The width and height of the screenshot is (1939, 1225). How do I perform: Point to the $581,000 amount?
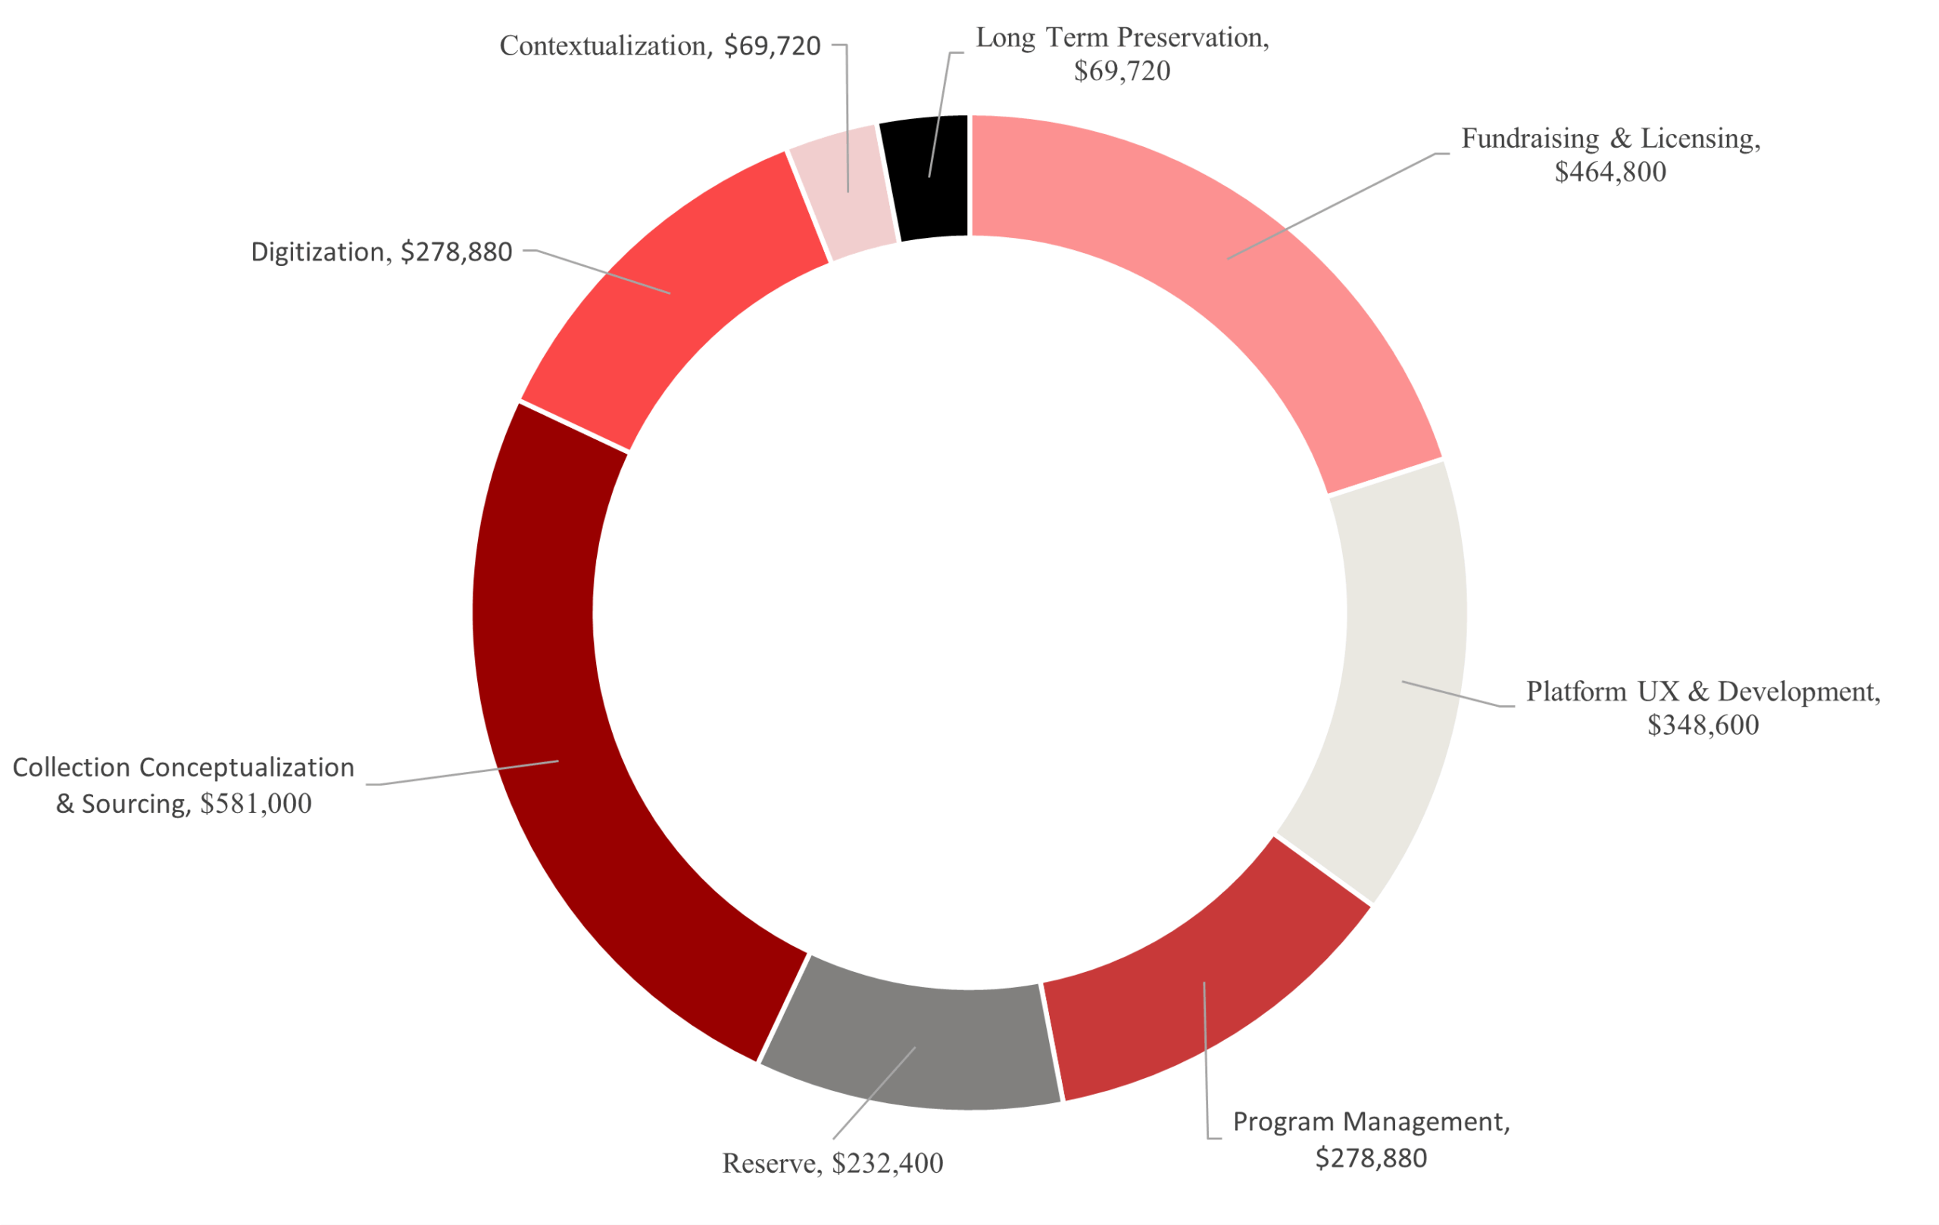(x=255, y=804)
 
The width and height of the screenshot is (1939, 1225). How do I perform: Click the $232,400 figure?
(x=888, y=1164)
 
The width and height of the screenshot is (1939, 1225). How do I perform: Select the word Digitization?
(x=317, y=252)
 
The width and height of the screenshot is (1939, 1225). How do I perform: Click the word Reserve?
(x=768, y=1164)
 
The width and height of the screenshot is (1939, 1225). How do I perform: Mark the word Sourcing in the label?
(x=136, y=804)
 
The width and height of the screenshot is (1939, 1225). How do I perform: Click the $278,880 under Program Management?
(x=1370, y=1158)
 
